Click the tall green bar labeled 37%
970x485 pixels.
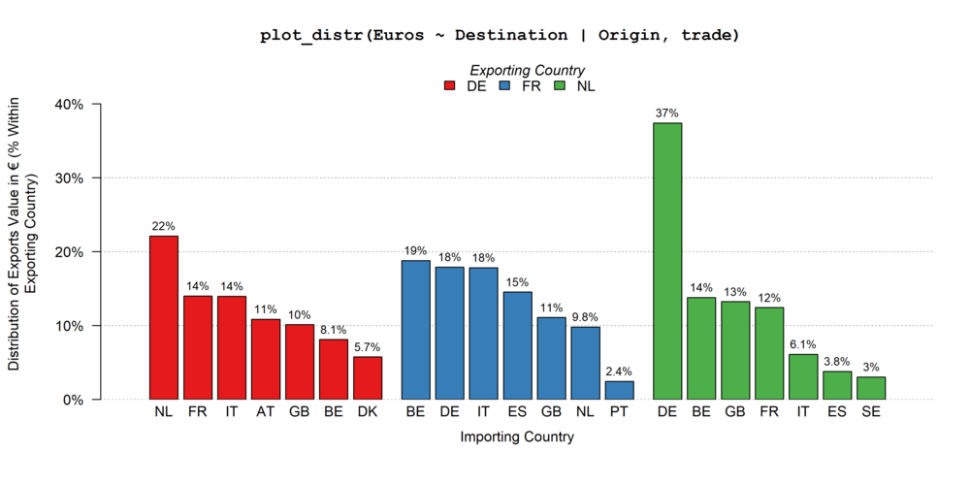(667, 261)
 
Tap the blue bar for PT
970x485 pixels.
(619, 390)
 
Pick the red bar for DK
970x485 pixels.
(368, 378)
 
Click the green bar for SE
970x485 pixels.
(871, 388)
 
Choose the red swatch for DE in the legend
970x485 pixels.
(450, 86)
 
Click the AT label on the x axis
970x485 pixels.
(266, 413)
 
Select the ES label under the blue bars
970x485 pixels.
(517, 413)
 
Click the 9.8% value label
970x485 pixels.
(585, 317)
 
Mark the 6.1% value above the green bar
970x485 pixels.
(803, 344)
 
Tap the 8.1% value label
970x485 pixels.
(334, 330)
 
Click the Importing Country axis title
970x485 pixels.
(517, 437)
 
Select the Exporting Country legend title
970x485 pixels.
(527, 70)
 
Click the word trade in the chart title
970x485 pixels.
(709, 35)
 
